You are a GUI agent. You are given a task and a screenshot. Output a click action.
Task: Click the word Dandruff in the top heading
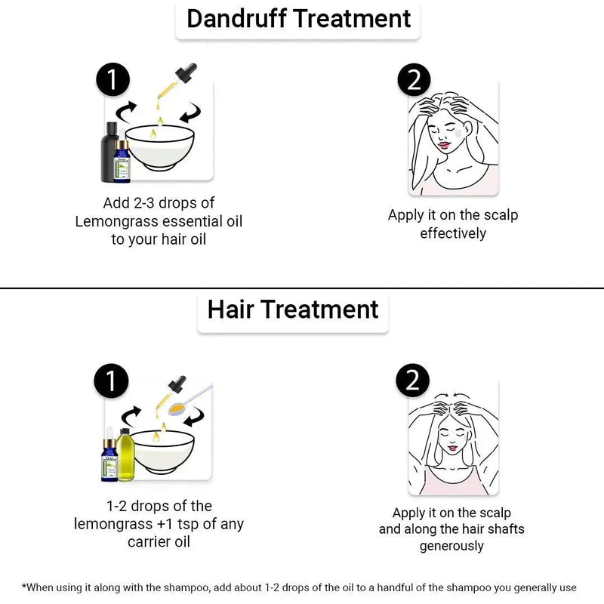tap(236, 18)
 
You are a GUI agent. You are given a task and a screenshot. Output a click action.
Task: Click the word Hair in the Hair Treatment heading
tap(231, 310)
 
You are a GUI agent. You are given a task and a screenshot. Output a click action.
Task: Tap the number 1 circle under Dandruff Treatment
tap(112, 80)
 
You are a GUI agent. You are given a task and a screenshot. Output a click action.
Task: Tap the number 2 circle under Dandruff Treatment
tap(414, 80)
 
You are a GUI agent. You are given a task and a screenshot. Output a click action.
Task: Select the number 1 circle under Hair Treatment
tap(111, 381)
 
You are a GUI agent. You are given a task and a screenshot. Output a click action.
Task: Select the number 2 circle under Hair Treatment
tap(412, 381)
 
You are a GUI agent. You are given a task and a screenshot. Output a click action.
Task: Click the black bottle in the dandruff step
tap(109, 152)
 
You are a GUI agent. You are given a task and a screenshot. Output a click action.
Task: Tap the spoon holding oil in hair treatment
tap(190, 401)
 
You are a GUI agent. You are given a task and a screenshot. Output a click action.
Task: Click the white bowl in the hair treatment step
tap(162, 451)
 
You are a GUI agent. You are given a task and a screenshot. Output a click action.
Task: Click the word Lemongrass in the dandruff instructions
tap(116, 222)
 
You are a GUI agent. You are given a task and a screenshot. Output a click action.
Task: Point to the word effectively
tap(453, 233)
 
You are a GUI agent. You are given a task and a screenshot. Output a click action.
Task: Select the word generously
tap(451, 546)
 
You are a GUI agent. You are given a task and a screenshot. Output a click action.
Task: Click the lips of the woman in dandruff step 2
tap(444, 146)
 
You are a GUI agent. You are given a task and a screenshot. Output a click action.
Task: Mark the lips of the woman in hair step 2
tap(452, 448)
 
